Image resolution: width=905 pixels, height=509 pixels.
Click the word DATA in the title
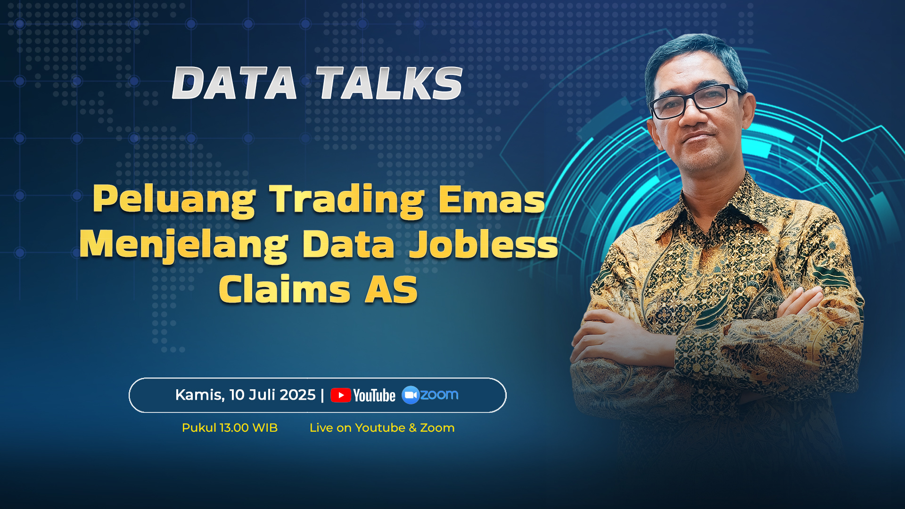234,83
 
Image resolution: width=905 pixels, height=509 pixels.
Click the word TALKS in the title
389,83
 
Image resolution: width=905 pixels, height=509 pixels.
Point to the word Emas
492,199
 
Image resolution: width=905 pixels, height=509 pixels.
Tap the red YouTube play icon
341,395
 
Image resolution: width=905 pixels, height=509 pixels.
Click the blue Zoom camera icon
411,395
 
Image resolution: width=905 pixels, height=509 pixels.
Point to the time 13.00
234,428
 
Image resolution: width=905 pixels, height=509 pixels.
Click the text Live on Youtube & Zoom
382,428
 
